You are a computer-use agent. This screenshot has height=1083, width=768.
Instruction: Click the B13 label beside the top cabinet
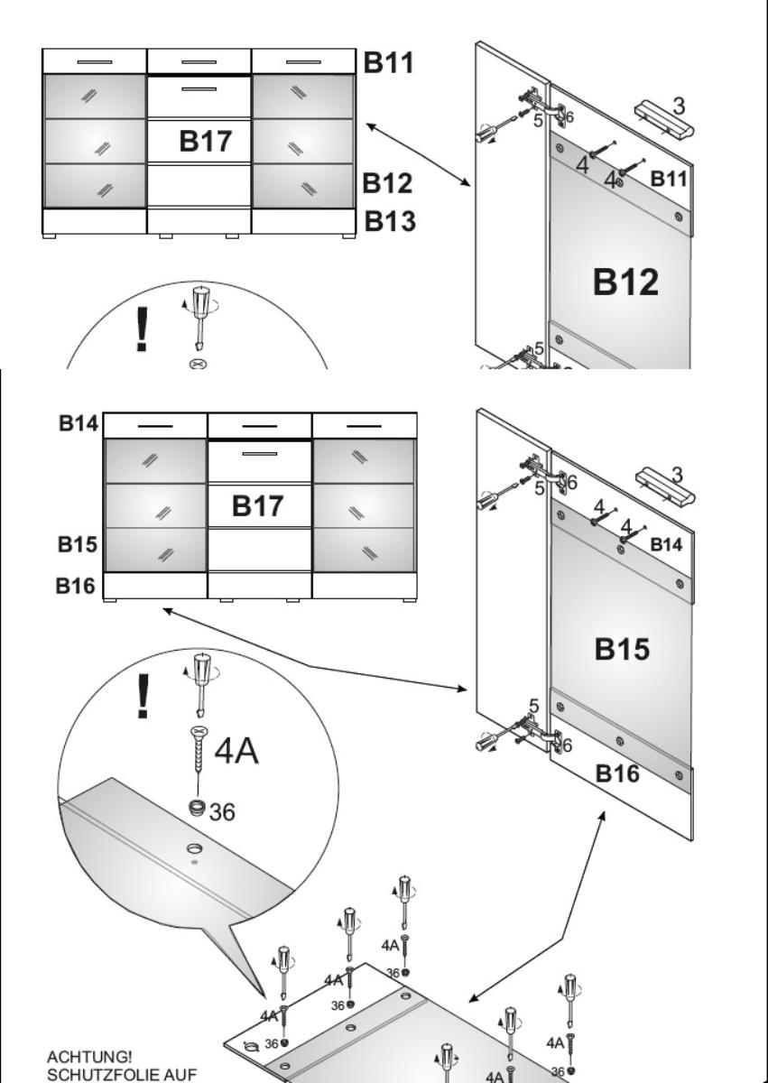point(389,220)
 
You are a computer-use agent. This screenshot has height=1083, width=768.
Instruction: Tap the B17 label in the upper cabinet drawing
point(206,141)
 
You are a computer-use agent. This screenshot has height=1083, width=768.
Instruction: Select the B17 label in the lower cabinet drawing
point(259,506)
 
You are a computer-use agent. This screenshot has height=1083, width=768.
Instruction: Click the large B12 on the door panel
point(625,282)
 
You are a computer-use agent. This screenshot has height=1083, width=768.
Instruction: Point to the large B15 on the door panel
point(622,649)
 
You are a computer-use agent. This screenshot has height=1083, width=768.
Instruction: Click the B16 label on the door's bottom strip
point(618,773)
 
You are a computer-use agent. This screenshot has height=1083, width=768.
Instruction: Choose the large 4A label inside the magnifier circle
point(236,751)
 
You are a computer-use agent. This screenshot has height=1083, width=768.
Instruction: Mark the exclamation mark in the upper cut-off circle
point(141,330)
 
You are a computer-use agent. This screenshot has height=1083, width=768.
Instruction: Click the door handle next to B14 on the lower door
point(665,486)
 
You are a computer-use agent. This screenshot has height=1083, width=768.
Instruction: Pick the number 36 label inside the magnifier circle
point(222,812)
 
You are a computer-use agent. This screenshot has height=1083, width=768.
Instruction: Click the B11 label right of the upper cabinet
point(389,64)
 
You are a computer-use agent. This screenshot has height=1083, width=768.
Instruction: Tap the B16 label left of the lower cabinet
point(77,587)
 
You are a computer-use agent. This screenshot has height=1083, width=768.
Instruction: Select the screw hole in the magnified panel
point(195,850)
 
